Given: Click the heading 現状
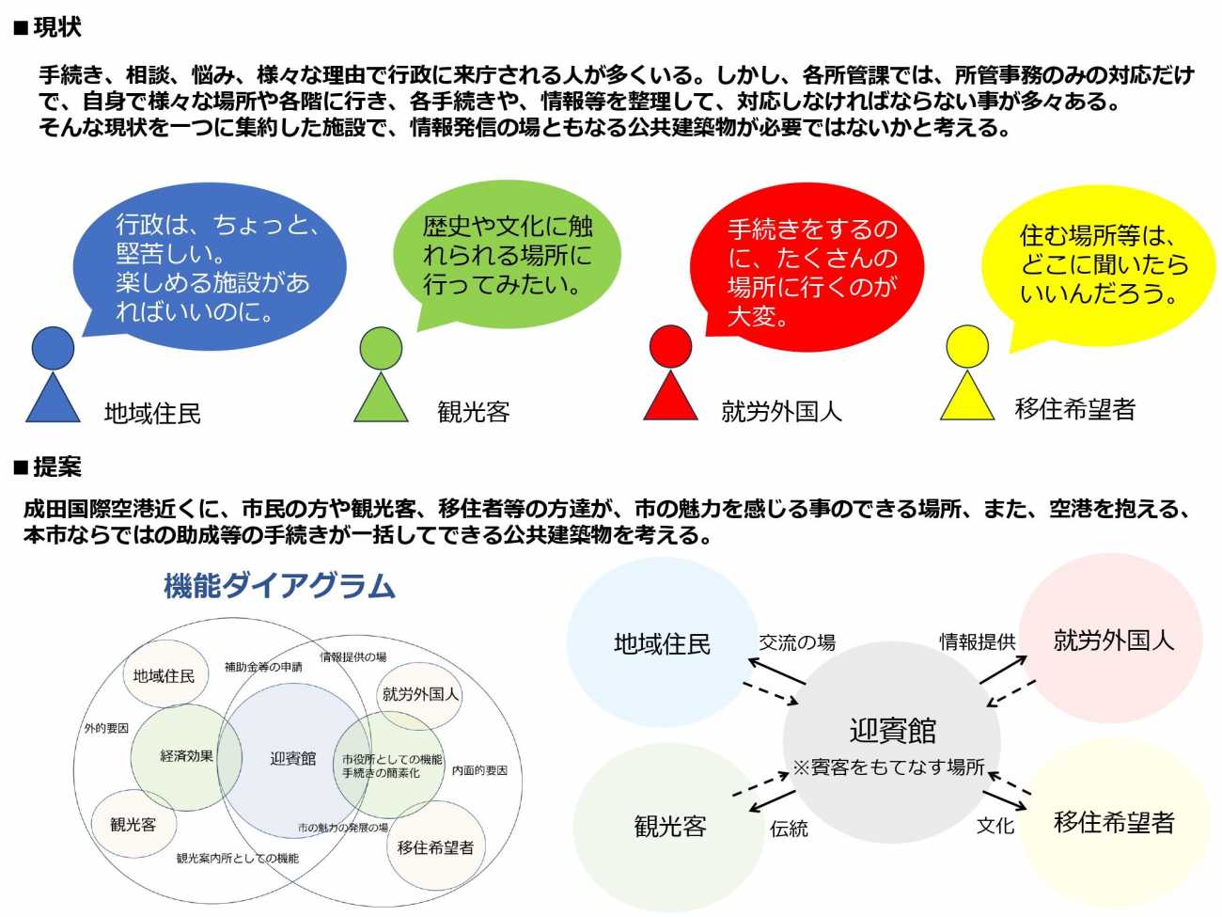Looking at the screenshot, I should tap(56, 27).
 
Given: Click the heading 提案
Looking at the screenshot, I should tap(56, 466).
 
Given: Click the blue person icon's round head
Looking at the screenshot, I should tap(53, 349).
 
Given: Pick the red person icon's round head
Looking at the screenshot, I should tap(670, 346).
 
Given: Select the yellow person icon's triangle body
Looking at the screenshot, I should tap(967, 400).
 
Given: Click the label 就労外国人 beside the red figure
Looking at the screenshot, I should tap(781, 411).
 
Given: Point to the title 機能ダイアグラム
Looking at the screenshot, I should tap(279, 586).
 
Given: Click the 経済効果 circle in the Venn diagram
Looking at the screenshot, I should tap(186, 756).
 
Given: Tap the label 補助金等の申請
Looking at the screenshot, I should tap(263, 667).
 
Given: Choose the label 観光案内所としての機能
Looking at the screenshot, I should tap(237, 858).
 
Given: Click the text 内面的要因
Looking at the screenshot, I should tap(479, 770).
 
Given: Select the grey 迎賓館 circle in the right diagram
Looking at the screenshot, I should tap(891, 742).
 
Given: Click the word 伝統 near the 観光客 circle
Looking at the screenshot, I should tap(789, 829).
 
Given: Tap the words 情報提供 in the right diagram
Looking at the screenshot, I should tap(977, 641).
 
